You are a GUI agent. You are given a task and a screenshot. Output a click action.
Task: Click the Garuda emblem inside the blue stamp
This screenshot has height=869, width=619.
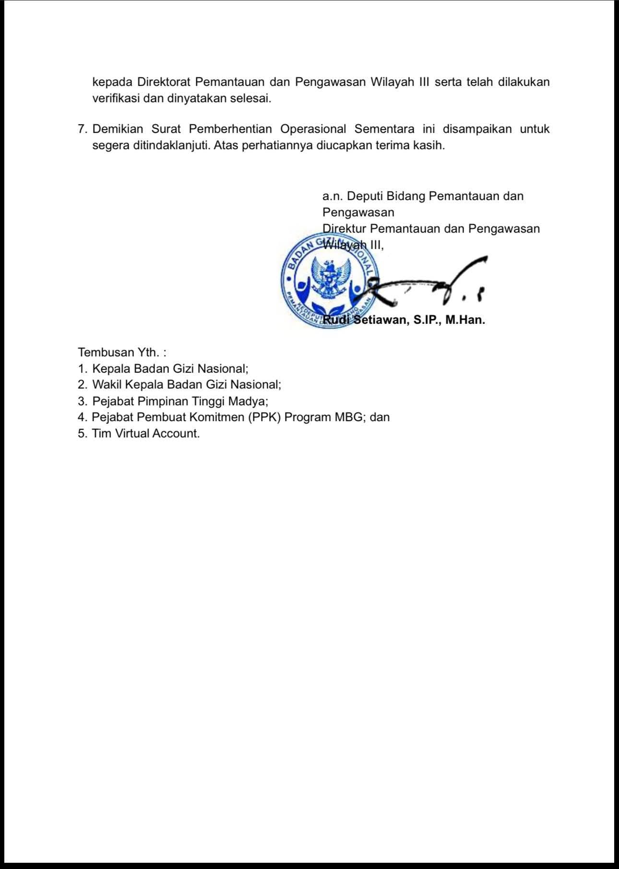(x=329, y=279)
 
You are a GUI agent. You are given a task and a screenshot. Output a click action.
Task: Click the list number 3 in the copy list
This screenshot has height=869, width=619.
(x=82, y=401)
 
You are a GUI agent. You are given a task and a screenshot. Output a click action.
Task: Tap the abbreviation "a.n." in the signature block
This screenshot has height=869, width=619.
(x=332, y=196)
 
